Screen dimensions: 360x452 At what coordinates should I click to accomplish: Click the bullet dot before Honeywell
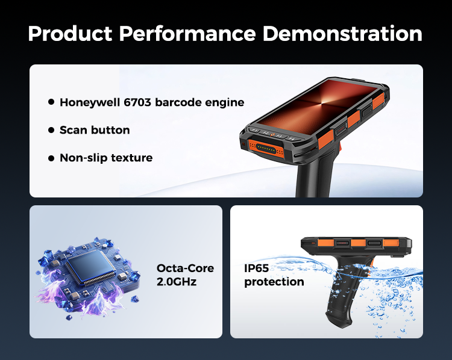point(51,102)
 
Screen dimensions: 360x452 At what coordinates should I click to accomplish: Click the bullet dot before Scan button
point(51,130)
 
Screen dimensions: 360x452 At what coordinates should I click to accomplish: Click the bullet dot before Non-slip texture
point(51,158)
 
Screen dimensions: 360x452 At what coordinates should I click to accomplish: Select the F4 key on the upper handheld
point(291,138)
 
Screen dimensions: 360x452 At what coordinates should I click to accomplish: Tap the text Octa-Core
point(185,268)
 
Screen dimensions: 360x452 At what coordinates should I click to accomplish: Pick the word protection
point(274,282)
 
